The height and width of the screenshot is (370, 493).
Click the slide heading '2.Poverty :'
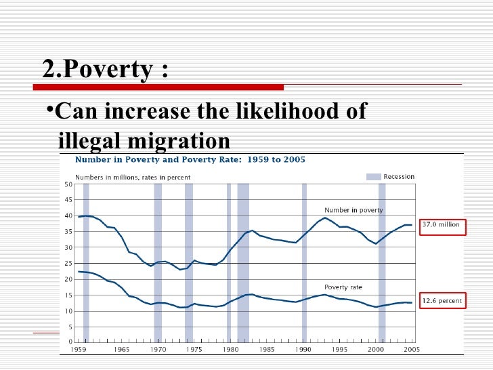coord(106,68)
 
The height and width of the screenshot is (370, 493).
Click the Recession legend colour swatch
coord(374,177)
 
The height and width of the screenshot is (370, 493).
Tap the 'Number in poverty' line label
coord(353,210)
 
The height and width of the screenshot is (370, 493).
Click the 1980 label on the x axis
coord(230,350)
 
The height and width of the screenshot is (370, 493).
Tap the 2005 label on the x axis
coord(410,350)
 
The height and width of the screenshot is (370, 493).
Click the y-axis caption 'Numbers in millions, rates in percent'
coord(132,177)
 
